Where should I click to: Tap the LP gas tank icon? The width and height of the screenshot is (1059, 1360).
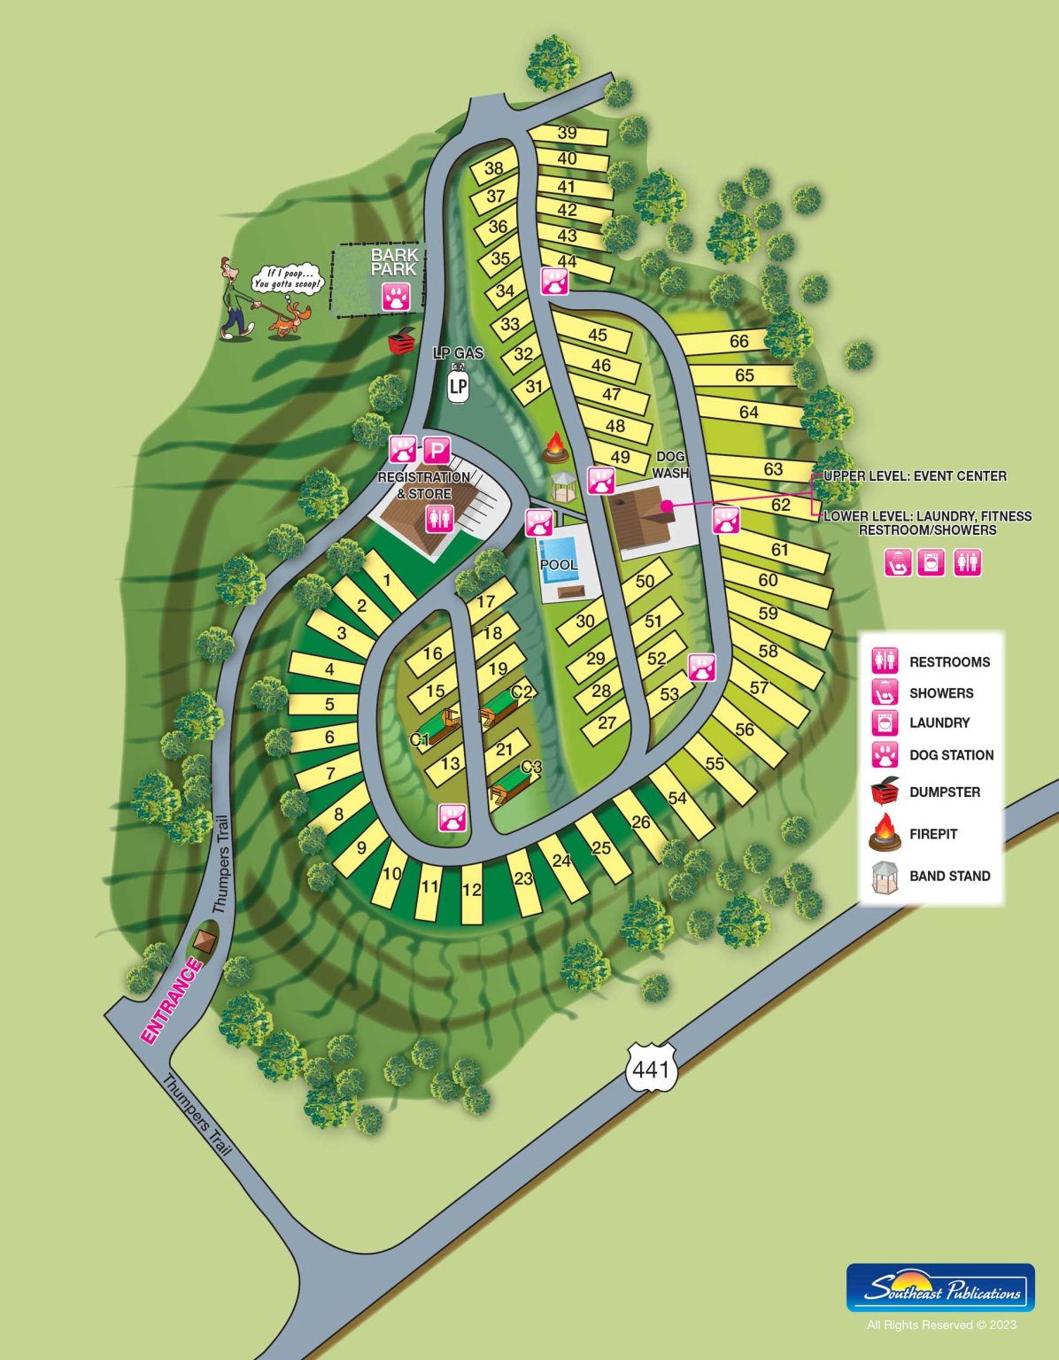pyautogui.click(x=458, y=385)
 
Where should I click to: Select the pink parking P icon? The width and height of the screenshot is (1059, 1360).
pyautogui.click(x=437, y=451)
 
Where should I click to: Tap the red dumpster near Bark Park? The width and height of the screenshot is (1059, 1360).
pyautogui.click(x=402, y=340)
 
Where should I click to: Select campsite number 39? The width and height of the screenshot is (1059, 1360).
pyautogui.click(x=568, y=134)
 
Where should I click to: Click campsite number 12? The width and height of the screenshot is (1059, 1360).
pyautogui.click(x=472, y=891)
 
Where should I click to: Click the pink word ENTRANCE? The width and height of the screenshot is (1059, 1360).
pyautogui.click(x=171, y=1001)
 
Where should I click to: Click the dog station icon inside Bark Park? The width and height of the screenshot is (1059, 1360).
pyautogui.click(x=396, y=297)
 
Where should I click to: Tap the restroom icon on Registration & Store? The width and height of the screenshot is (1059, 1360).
pyautogui.click(x=439, y=519)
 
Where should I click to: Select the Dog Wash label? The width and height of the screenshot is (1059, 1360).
pyautogui.click(x=670, y=465)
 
